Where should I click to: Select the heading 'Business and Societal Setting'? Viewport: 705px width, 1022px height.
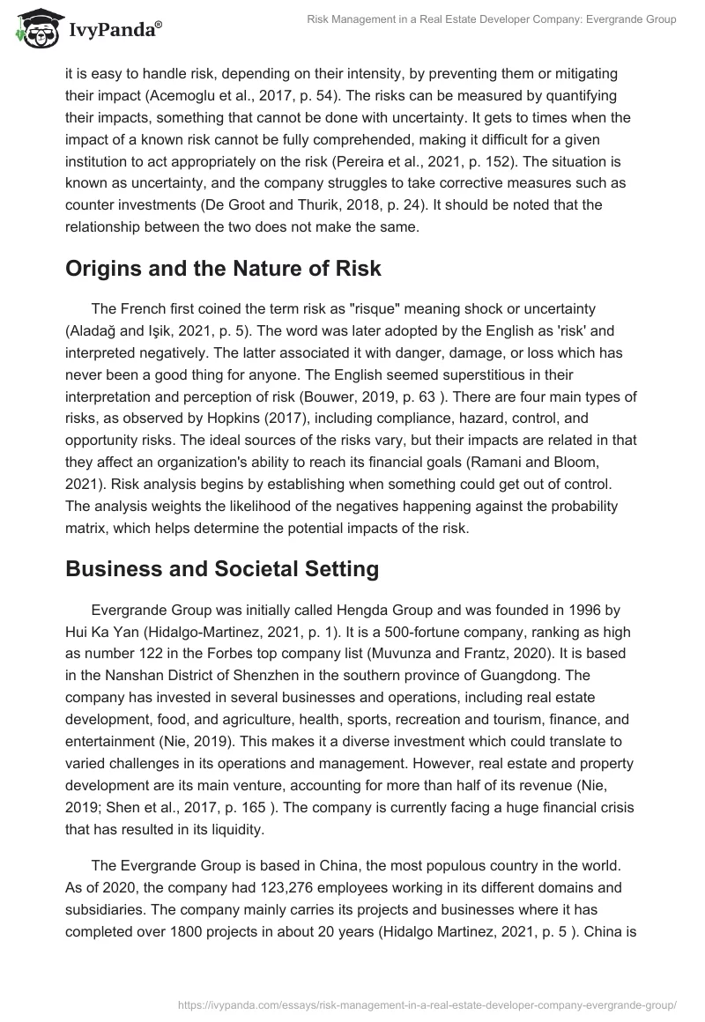pyautogui.click(x=222, y=568)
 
